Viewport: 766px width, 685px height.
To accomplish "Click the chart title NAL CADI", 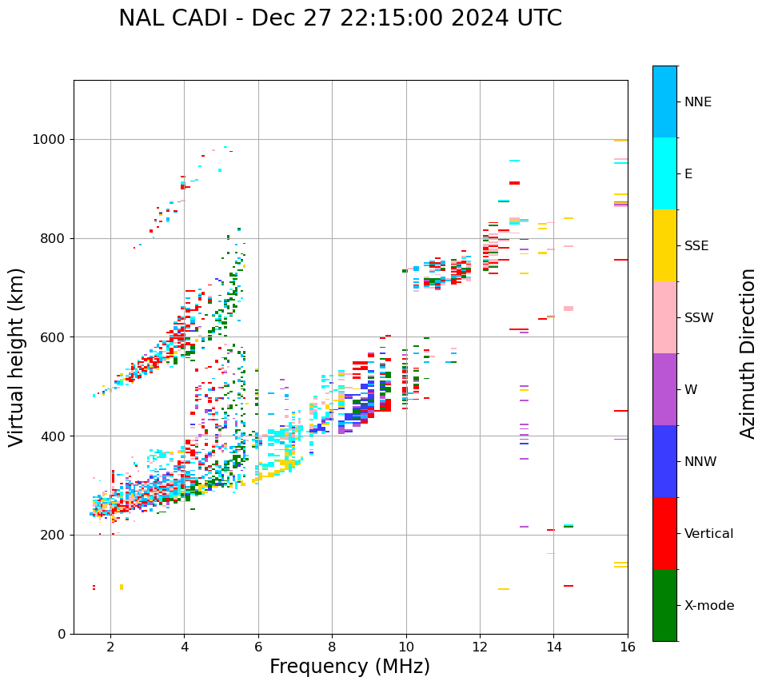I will [x=340, y=18].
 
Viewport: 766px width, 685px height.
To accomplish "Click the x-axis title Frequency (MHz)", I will [x=349, y=667].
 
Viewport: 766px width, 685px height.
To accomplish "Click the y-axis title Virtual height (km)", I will [x=17, y=357].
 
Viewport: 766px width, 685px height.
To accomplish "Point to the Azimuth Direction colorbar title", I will [x=748, y=353].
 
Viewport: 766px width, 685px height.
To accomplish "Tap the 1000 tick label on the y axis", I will [x=49, y=140].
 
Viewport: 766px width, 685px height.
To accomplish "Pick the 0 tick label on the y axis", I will [x=62, y=634].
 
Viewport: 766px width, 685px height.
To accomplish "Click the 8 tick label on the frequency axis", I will [x=332, y=646].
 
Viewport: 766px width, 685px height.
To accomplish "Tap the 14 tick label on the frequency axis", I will [x=553, y=646].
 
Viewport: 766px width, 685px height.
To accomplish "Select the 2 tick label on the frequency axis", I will [x=110, y=646].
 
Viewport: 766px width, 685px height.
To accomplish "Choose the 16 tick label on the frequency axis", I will [x=628, y=646].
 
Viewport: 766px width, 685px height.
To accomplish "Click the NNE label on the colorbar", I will [x=698, y=102].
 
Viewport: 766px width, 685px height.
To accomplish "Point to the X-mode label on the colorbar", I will [x=709, y=606].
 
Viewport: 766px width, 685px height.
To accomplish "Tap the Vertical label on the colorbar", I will [x=708, y=534].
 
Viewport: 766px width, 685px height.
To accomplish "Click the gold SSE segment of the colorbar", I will [x=664, y=245].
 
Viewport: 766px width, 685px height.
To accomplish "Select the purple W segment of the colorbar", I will [x=664, y=389].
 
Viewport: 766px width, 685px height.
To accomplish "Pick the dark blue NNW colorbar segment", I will [x=664, y=461].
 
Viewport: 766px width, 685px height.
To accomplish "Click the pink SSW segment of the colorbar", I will [x=664, y=317].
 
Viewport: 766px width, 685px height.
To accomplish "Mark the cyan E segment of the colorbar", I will [x=664, y=173].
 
